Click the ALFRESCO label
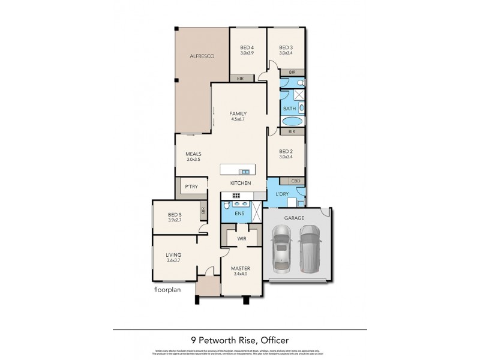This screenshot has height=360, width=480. click(202, 56)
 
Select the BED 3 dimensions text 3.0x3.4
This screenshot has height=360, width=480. click(286, 53)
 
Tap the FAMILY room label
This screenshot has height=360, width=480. click(239, 114)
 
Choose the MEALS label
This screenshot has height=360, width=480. click(193, 154)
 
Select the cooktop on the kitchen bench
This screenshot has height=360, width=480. click(236, 196)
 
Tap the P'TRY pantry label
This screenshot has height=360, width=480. click(191, 187)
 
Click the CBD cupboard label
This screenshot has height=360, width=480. click(295, 181)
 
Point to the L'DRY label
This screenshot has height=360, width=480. click(282, 194)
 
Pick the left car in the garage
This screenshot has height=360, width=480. click(280, 250)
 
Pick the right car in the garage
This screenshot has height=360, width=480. click(310, 248)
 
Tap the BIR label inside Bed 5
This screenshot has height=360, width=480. click(204, 211)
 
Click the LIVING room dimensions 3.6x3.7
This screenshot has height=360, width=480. click(173, 260)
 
